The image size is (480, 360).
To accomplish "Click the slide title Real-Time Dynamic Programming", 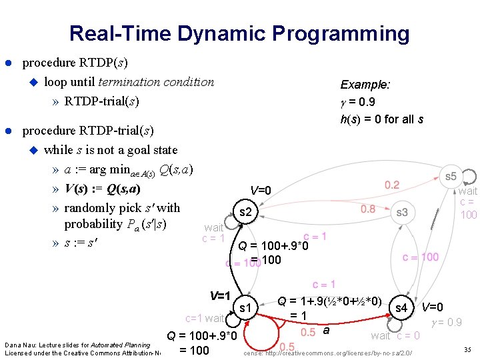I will point(239,33).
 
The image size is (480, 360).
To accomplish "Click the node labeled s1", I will point(245,307).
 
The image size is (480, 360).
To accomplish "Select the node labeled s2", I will point(245,212).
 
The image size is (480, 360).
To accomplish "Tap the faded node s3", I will point(401,212).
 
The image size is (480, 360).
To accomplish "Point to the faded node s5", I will point(451,176).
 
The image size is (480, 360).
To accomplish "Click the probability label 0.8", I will point(368,209).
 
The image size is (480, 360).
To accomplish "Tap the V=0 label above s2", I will point(260,191).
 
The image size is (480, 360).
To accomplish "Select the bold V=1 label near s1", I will point(219,295).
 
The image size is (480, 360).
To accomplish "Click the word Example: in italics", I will point(365,85).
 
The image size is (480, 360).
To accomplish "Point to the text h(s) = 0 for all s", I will point(381,119).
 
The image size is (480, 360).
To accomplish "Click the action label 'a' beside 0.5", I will point(326,330).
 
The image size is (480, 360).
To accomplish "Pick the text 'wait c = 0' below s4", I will point(395,335).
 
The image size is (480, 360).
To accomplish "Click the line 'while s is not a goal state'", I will point(111,149).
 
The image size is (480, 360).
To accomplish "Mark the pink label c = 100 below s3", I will point(420,257).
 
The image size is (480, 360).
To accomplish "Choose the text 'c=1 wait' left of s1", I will point(205,318).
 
